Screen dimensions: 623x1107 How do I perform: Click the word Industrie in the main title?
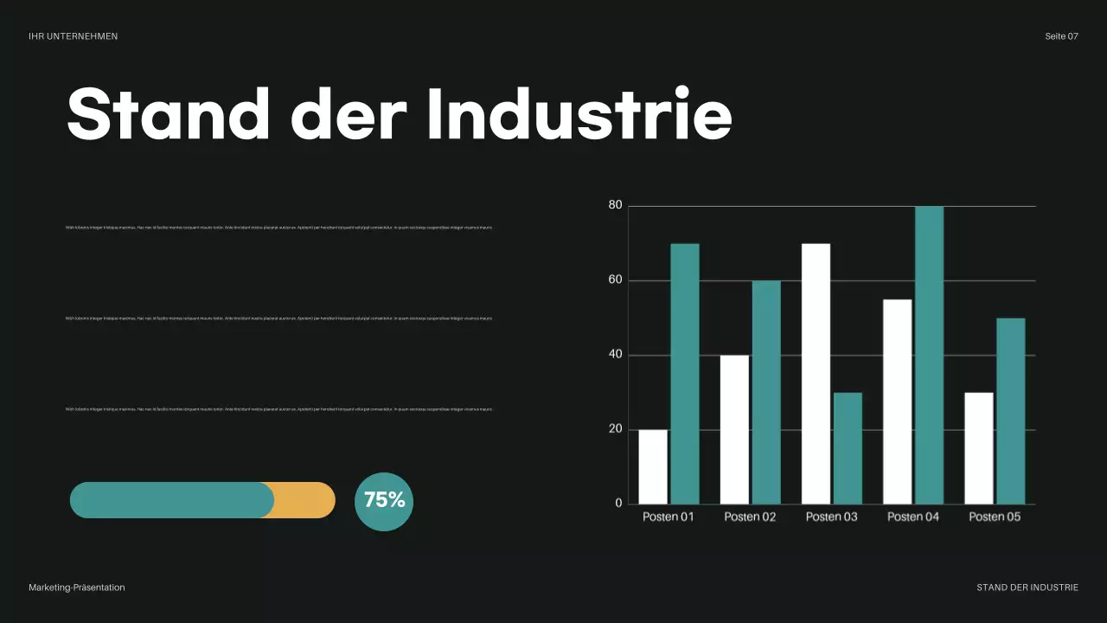580,114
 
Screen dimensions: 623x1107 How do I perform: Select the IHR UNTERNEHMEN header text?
73,36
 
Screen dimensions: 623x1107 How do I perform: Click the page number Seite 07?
1061,36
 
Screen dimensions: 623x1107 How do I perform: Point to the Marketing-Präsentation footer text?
76,588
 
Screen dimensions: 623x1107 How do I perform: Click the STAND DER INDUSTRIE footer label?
1027,588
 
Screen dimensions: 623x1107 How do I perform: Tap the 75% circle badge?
384,501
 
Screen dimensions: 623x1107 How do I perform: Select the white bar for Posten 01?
653,466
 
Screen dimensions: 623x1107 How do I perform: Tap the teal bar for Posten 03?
848,448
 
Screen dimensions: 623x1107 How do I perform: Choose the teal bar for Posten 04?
929,355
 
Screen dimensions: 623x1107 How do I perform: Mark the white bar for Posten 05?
979,448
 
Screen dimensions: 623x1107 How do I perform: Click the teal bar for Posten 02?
766,392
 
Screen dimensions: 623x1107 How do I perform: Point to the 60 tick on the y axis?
615,280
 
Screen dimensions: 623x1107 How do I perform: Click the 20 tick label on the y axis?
615,429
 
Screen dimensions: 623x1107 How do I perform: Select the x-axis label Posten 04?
912,517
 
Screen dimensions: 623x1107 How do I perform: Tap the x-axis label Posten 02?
750,517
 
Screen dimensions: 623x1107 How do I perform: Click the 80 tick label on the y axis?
615,205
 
